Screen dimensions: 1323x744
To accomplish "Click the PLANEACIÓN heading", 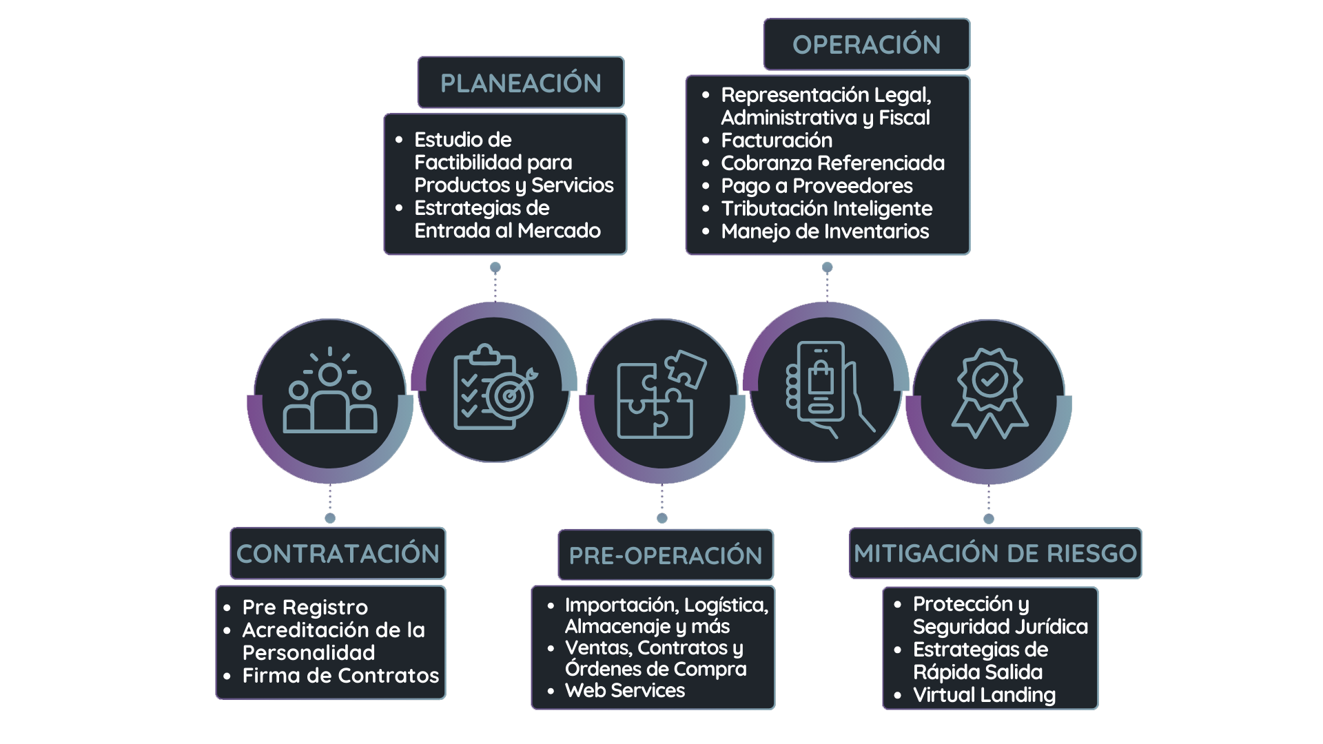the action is pos(521,83).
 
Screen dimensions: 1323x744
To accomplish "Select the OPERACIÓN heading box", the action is pos(867,44).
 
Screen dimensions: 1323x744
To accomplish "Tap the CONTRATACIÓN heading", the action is pos(338,553).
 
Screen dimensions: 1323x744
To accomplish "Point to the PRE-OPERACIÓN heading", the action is pos(666,555).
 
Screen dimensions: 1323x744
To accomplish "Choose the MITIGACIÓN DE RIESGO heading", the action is pos(995,553).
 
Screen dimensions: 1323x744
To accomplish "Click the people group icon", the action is pos(330,390).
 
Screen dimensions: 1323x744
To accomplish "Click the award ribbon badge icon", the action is pos(989,393).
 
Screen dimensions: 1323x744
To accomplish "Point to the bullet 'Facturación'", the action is pos(777,140).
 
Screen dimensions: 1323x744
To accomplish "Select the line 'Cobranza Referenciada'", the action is pos(832,163).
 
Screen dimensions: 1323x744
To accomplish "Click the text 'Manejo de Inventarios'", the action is pos(825,231).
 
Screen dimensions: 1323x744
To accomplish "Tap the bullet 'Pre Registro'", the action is pos(305,607).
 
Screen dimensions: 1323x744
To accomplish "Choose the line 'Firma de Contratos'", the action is pos(340,675).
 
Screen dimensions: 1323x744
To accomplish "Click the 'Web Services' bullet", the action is pos(625,690).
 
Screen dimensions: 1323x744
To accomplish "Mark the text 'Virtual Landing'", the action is pos(984,694).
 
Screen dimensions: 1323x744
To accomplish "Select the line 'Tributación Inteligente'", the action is pos(826,208).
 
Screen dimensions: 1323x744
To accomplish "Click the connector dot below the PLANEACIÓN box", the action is pos(495,267).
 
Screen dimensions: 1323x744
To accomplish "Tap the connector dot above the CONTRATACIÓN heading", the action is pos(330,518).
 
